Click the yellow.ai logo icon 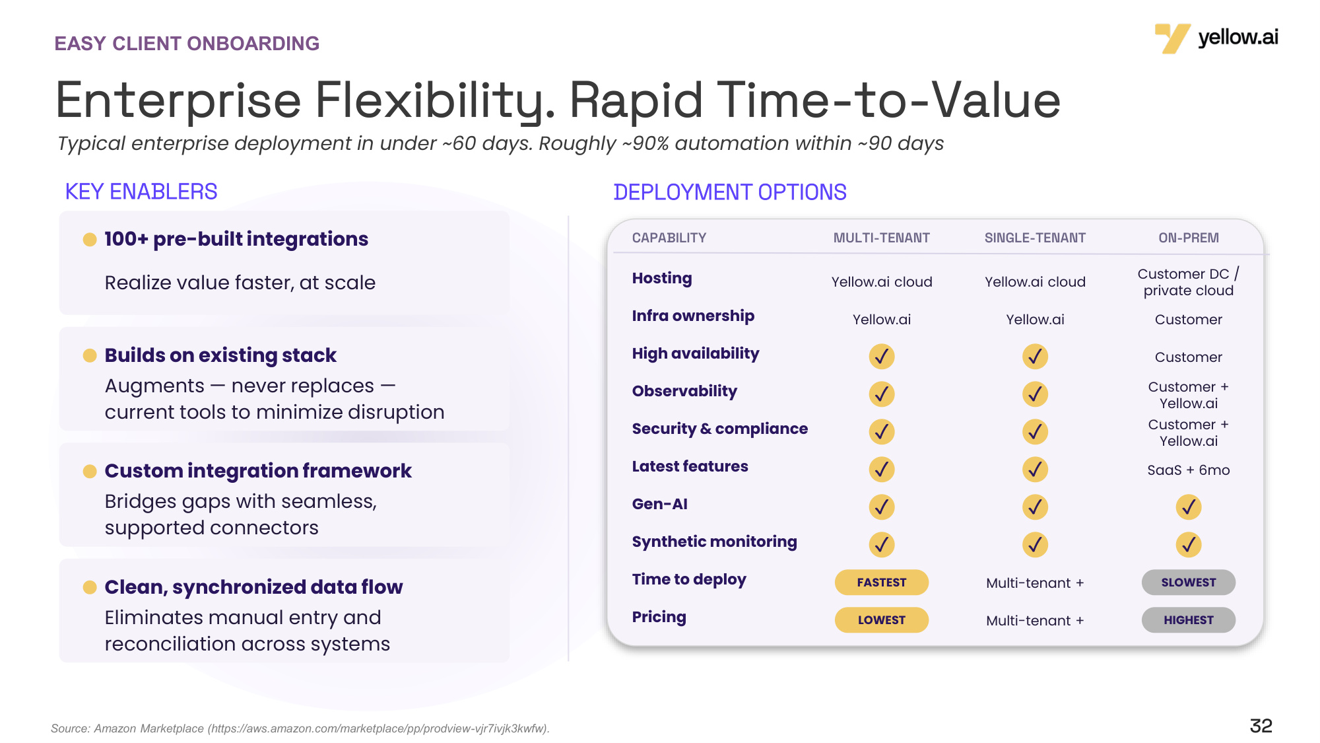pos(1172,38)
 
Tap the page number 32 pos(1261,726)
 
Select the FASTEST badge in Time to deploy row pos(882,583)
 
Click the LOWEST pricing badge pos(882,620)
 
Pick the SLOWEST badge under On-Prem pos(1189,583)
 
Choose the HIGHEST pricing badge pos(1189,620)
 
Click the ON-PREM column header pos(1189,238)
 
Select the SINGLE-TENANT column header pos(1035,238)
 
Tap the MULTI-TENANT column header pos(882,238)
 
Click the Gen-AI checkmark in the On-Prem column pos(1189,507)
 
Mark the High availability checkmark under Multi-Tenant pos(882,357)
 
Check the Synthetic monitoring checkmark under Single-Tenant pos(1035,545)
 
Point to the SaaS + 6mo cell pos(1189,470)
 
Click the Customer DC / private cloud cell pos(1189,282)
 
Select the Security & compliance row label pos(720,429)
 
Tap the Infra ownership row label pos(693,316)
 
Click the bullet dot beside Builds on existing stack pos(90,356)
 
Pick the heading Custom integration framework pos(258,471)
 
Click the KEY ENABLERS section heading pos(141,192)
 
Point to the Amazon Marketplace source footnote pos(300,728)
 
